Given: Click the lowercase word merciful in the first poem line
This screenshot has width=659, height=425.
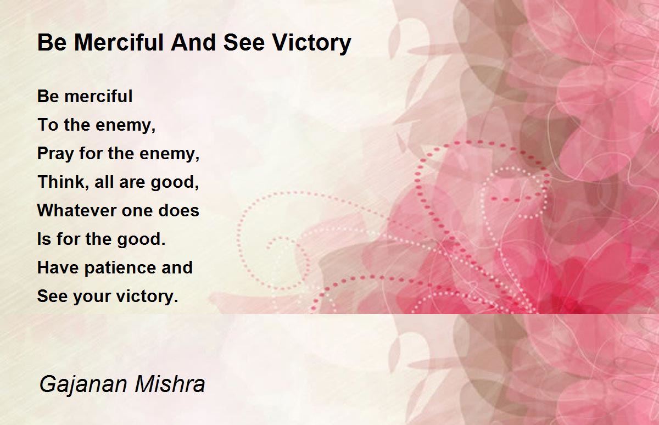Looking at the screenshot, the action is pos(98,96).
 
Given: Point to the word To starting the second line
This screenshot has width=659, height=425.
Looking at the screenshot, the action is pos(48,125).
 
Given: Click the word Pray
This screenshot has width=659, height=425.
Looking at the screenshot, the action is pos(55,154).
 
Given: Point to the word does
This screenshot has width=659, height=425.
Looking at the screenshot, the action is pos(179,210).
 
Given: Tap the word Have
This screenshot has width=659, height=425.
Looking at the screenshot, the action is pos(58,267).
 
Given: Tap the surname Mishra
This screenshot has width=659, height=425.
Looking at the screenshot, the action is pos(170,384).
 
